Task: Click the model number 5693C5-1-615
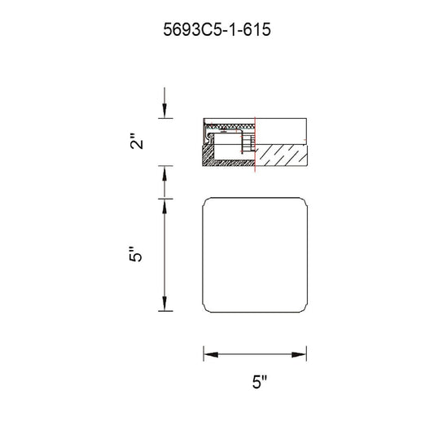(217, 29)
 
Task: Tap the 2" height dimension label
(137, 141)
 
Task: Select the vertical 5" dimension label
(135, 253)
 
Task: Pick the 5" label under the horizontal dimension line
(260, 382)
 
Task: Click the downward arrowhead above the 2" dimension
(164, 111)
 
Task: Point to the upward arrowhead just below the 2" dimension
(164, 173)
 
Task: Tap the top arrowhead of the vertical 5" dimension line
(164, 207)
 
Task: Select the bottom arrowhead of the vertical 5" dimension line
(164, 304)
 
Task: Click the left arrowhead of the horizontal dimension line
(211, 354)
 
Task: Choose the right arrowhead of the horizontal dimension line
(299, 354)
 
